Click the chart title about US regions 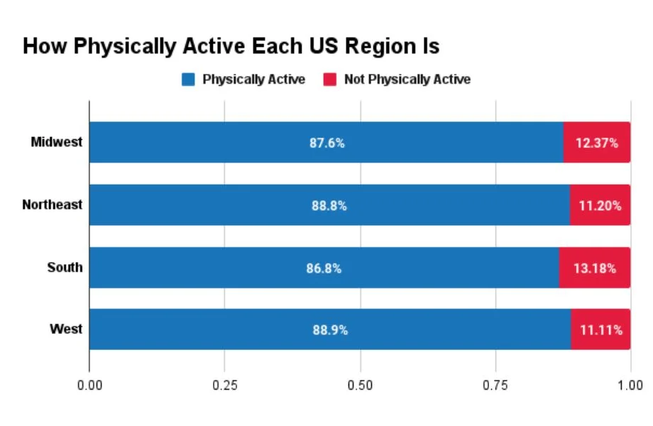pyautogui.click(x=231, y=47)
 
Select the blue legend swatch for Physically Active pyautogui.click(x=188, y=80)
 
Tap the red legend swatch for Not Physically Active pyautogui.click(x=329, y=80)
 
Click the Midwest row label pyautogui.click(x=57, y=142)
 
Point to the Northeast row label pyautogui.click(x=52, y=204)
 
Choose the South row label pyautogui.click(x=65, y=268)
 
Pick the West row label pyautogui.click(x=66, y=329)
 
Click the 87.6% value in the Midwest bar pyautogui.click(x=326, y=143)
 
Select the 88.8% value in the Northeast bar pyautogui.click(x=329, y=205)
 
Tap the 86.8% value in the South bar pyautogui.click(x=324, y=268)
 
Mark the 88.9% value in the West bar pyautogui.click(x=330, y=330)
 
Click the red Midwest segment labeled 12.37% pyautogui.click(x=597, y=143)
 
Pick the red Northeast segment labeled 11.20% pyautogui.click(x=600, y=205)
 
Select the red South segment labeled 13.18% pyautogui.click(x=595, y=268)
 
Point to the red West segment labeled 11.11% pyautogui.click(x=600, y=330)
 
